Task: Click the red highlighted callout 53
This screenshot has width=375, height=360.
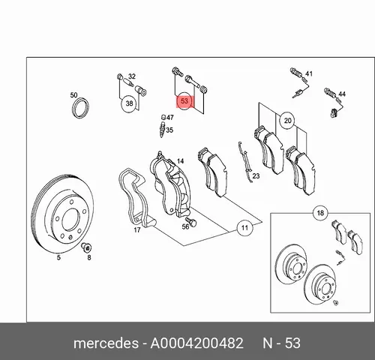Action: click(184, 101)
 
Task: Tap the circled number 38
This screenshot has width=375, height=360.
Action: click(129, 103)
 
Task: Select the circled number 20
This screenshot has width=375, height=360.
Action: click(287, 121)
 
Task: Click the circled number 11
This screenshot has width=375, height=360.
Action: click(244, 228)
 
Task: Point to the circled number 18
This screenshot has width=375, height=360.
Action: click(320, 213)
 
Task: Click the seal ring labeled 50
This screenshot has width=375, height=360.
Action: click(80, 108)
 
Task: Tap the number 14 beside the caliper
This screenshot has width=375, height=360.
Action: click(180, 161)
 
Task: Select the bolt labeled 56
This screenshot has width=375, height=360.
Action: click(192, 221)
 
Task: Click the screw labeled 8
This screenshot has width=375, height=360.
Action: click(86, 247)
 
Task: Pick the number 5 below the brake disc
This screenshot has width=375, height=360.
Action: click(58, 257)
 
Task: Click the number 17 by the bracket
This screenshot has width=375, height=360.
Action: click(137, 229)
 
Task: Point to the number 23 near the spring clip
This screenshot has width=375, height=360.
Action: click(256, 176)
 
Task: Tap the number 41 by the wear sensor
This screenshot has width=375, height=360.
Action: click(309, 73)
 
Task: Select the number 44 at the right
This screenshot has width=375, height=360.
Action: click(342, 94)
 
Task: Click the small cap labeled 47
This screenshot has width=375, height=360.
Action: click(163, 117)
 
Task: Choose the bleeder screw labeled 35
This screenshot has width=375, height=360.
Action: click(163, 129)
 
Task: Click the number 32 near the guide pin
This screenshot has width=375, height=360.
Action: click(132, 76)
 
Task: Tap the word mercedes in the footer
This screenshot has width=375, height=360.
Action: click(106, 343)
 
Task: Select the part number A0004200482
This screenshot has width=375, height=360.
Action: click(196, 343)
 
